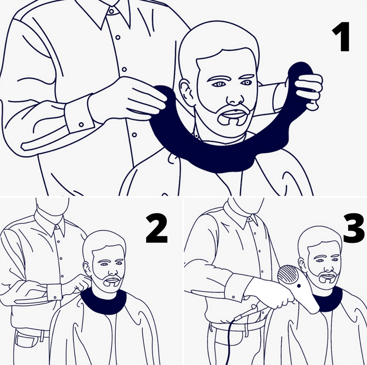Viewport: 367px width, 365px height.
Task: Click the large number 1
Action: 341,37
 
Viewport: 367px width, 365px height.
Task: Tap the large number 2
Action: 156,229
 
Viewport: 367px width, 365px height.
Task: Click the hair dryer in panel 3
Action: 297,288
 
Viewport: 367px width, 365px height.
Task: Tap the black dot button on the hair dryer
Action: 299,286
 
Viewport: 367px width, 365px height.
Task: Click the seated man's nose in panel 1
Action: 235,98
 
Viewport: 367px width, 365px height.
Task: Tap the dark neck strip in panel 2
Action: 103,302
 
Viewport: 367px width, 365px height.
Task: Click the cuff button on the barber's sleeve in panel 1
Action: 81,124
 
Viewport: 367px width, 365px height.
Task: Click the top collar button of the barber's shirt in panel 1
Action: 112,11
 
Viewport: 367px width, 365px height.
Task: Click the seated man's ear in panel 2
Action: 87,269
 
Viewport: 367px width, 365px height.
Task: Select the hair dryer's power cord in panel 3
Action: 230,336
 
